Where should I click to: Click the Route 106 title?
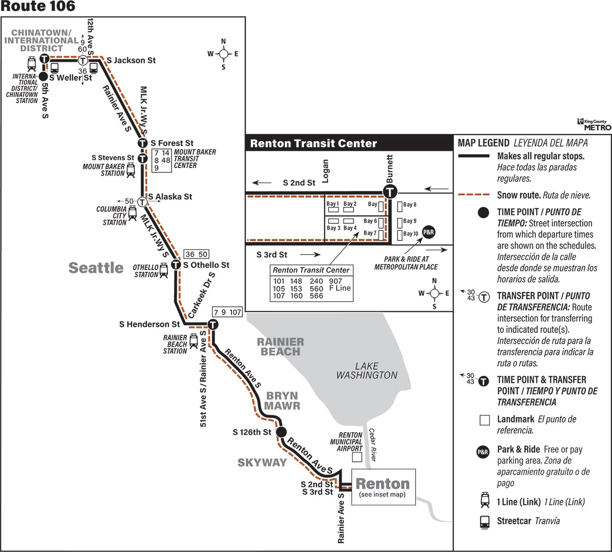tap(38, 6)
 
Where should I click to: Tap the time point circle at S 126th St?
tap(281, 432)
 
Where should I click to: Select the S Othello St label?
tap(206, 265)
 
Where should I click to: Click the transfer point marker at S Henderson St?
tap(213, 324)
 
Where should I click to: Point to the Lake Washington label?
tap(367, 371)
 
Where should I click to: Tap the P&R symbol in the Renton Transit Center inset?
tap(428, 232)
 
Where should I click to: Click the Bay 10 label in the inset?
tap(411, 234)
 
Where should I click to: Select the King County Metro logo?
tap(594, 124)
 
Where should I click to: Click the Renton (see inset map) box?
tap(383, 487)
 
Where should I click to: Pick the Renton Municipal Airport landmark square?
tap(357, 457)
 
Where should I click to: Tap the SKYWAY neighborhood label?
tap(262, 462)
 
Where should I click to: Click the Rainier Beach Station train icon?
tap(194, 341)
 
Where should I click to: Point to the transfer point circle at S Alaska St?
tap(142, 202)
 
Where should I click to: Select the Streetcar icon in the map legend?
tap(485, 522)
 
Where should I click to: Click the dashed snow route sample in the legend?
tap(473, 194)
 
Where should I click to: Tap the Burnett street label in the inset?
tap(390, 169)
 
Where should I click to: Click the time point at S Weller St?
tap(43, 77)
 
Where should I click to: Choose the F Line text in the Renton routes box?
tap(340, 288)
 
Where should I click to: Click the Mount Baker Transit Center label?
tap(195, 158)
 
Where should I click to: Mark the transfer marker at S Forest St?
tap(142, 143)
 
